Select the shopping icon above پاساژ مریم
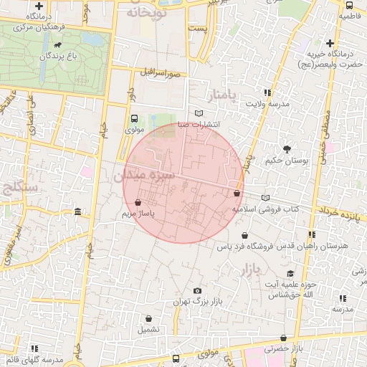tap(138, 203)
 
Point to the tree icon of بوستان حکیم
tap(287, 149)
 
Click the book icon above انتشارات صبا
tap(199, 113)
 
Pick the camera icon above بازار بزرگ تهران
tap(197, 290)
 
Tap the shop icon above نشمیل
tap(149, 319)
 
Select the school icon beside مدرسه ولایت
tap(267, 93)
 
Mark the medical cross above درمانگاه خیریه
tap(330, 44)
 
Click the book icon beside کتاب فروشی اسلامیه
tap(265, 198)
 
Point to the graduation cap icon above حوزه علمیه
tap(290, 274)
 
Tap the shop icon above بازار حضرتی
tap(284, 338)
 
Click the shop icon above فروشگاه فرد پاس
tap(245, 235)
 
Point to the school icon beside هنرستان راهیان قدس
tap(310, 234)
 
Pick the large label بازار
tap(245, 270)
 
